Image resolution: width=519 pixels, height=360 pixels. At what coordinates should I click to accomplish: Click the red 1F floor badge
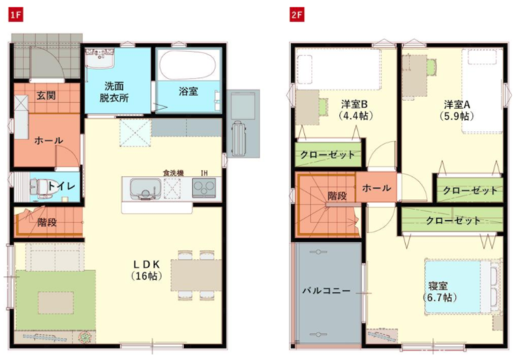tap(15, 15)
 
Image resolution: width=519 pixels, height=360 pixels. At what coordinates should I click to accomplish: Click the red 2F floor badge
tap(297, 15)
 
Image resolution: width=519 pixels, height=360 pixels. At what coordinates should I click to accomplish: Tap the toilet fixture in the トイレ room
tap(36, 187)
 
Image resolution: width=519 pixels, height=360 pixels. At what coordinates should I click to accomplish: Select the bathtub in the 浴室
tap(188, 65)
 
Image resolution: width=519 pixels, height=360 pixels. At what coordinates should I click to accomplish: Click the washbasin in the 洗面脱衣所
tap(99, 57)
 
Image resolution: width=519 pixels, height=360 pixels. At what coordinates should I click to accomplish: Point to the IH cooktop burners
tap(204, 188)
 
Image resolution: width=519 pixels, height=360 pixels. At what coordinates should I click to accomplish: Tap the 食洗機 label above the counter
tap(173, 172)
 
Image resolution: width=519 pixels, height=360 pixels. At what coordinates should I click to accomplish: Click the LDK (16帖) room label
tap(146, 270)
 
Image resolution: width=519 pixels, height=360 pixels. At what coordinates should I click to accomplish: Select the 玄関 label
tap(46, 95)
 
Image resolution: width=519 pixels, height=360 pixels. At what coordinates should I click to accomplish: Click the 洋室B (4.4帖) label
tap(355, 110)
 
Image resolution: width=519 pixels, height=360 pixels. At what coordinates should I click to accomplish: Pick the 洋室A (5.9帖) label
tap(457, 110)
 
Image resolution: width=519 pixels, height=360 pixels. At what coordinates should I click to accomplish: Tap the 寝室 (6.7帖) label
tap(439, 292)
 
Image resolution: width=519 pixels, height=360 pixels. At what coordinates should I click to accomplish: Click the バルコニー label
tap(326, 291)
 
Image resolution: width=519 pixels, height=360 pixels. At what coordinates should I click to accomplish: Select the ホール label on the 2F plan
tap(376, 188)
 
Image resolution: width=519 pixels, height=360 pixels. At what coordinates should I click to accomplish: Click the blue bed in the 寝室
tap(458, 286)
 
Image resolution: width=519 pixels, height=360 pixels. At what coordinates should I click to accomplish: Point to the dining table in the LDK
tap(196, 275)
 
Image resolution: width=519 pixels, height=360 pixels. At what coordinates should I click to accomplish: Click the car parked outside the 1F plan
tap(239, 139)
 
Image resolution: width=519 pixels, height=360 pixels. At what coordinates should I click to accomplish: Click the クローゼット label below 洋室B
tap(327, 154)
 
